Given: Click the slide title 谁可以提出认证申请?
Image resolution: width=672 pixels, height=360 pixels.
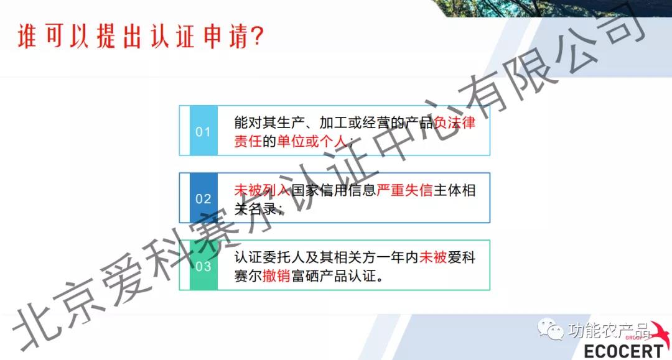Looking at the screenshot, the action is (x=140, y=36).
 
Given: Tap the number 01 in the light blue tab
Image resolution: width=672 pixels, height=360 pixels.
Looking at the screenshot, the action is (x=203, y=131).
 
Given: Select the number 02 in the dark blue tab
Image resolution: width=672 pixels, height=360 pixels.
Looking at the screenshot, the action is (x=203, y=198).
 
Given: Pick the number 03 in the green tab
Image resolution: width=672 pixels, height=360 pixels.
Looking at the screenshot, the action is (x=203, y=266).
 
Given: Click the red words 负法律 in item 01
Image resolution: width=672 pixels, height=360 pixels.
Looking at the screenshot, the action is (x=455, y=123).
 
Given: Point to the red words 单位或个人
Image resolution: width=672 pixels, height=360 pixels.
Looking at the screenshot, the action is (x=312, y=141).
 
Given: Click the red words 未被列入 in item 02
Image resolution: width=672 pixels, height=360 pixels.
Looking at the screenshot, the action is (x=263, y=190).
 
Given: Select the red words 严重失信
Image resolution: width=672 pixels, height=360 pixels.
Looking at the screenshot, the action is (x=404, y=190).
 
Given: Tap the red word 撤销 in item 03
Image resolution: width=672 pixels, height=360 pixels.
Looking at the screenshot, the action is (x=276, y=275).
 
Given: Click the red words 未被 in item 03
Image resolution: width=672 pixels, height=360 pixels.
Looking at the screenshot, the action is (x=433, y=257).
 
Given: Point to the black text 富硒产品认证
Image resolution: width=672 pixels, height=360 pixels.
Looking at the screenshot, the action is (x=334, y=275).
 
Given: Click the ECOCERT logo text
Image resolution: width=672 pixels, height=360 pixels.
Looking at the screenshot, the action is (x=623, y=351).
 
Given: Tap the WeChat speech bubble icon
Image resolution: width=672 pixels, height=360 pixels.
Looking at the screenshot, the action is (x=550, y=329).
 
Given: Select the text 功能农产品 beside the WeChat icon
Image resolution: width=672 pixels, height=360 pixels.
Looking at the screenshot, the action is (x=609, y=330).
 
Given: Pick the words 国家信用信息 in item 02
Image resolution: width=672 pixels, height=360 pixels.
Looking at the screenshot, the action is (x=334, y=190).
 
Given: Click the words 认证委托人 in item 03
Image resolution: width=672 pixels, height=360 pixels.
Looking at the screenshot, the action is (x=269, y=257).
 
